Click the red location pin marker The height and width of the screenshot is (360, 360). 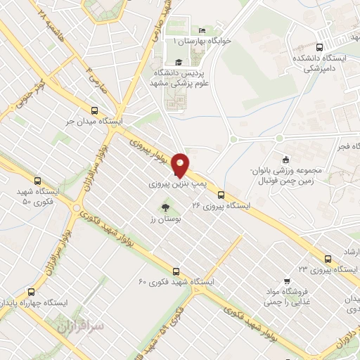click(x=180, y=165)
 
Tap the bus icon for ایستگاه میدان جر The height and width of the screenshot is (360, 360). click(x=95, y=110)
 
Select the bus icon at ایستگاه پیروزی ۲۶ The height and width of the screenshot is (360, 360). click(x=221, y=195)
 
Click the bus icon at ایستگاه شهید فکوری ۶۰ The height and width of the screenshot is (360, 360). click(x=176, y=271)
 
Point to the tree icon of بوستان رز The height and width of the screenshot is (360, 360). click(x=165, y=207)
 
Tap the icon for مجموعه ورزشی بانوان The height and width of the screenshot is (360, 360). click(x=284, y=159)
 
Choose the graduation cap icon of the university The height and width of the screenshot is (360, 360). click(x=177, y=62)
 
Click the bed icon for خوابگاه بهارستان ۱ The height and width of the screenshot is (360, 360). click(x=202, y=30)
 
